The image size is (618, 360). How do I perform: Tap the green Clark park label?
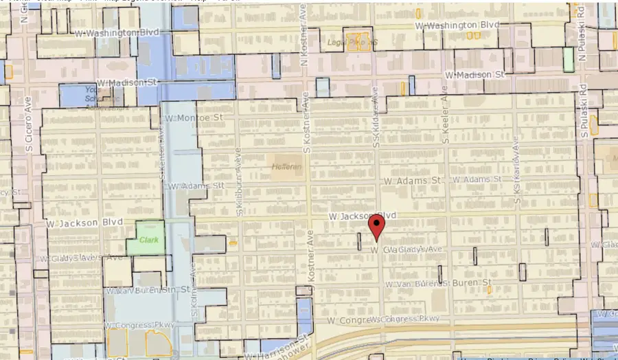pos(149,240)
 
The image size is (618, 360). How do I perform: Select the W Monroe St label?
pos(196,118)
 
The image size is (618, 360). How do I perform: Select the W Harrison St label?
pos(275,348)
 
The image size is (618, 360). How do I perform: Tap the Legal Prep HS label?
pos(354,42)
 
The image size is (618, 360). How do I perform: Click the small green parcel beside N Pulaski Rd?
pos(568,59)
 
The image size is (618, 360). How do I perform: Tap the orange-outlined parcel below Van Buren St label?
pos(489,290)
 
